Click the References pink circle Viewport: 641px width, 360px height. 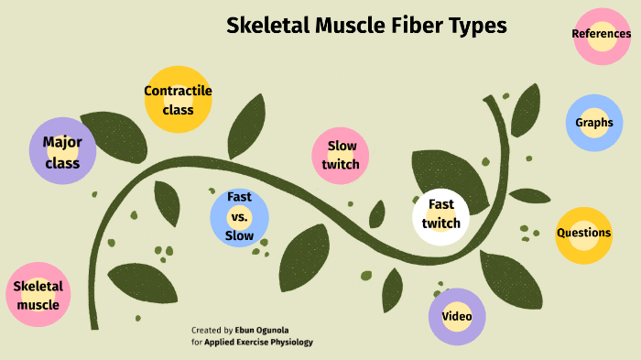602,35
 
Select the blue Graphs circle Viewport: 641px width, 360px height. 594,123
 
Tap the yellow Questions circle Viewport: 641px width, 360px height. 583,234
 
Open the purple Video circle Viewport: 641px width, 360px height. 456,317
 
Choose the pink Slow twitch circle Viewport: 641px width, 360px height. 341,155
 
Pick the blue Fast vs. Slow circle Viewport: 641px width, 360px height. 239,216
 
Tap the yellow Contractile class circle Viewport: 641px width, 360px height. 178,100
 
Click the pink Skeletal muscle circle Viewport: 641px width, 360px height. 38,296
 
